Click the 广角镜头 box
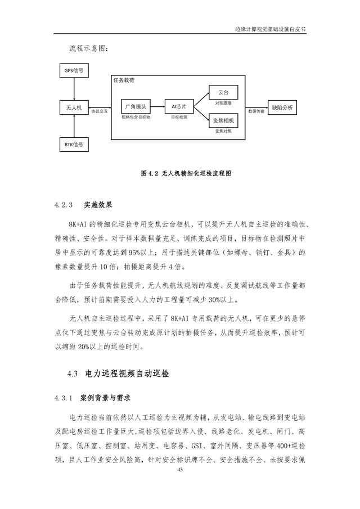[x=136, y=106]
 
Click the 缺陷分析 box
[x=282, y=107]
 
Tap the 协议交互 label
[x=100, y=112]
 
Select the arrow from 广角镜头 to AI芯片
[x=157, y=106]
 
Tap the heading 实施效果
[x=98, y=205]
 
